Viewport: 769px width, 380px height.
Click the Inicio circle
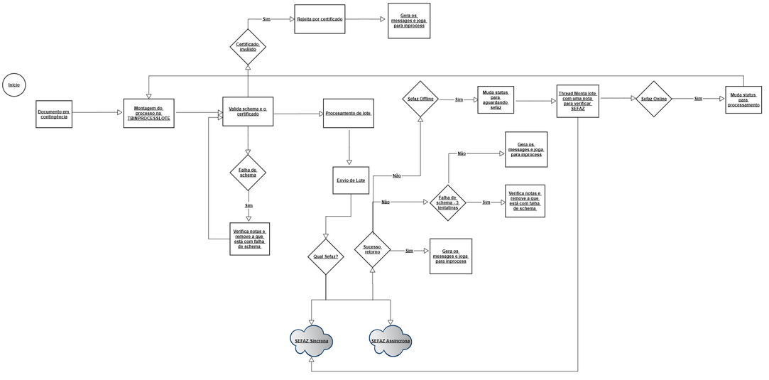[14, 85]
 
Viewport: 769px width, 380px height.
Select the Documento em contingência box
[54, 114]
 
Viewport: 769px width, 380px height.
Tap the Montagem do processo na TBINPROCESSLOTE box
[149, 112]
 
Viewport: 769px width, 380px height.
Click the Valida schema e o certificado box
[248, 112]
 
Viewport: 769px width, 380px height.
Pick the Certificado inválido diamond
[248, 47]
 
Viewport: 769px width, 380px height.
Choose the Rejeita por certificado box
[320, 19]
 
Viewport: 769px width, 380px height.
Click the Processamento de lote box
[349, 114]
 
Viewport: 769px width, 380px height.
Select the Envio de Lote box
[351, 180]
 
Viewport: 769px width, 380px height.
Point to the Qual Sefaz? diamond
[325, 256]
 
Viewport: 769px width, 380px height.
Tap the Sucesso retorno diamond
[373, 249]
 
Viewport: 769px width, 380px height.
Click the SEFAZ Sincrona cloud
[312, 341]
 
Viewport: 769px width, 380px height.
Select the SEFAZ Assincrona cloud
[391, 340]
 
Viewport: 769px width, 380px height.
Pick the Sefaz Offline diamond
[420, 99]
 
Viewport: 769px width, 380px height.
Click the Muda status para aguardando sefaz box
[496, 100]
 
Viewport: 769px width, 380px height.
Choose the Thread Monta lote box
[578, 100]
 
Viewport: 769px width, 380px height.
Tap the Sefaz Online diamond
[654, 99]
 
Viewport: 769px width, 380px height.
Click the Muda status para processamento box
[743, 100]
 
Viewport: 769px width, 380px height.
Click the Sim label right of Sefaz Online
[698, 99]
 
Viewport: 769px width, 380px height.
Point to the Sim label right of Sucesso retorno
[410, 251]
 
